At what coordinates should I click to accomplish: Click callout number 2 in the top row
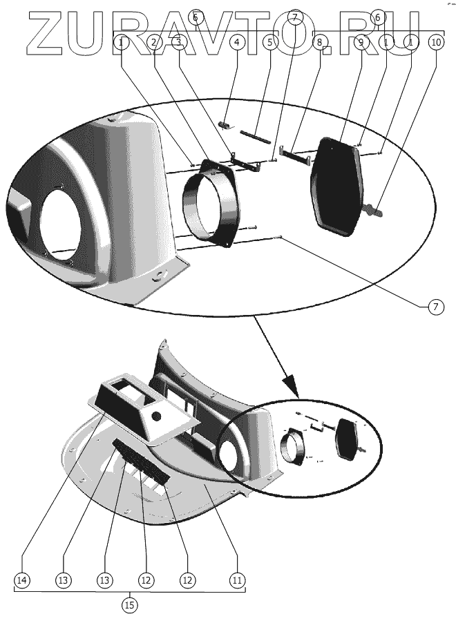(154, 42)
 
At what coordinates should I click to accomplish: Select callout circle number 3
(179, 42)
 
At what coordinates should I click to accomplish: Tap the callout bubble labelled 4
(236, 42)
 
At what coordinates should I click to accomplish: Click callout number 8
(319, 42)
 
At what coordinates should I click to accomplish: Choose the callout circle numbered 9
(361, 42)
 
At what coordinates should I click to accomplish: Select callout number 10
(435, 42)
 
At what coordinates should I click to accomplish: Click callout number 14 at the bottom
(23, 580)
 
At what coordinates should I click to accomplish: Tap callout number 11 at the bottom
(237, 580)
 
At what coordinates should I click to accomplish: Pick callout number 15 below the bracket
(129, 606)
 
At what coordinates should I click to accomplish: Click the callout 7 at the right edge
(435, 308)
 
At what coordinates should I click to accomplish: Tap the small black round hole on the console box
(156, 416)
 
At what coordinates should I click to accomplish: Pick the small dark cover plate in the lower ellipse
(347, 440)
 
